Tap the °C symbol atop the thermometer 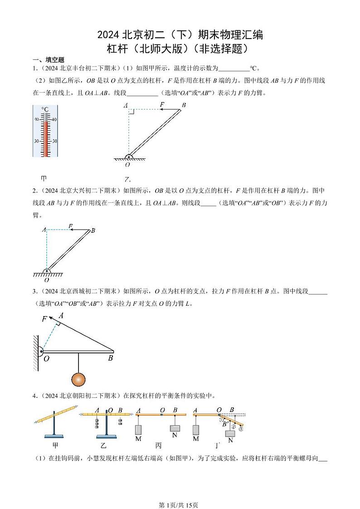[x=45, y=109]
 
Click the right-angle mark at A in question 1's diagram [x=131, y=112]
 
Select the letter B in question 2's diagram [x=93, y=230]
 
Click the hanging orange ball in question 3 [x=78, y=378]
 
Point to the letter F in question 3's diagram [x=44, y=319]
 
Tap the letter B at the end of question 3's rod [x=110, y=358]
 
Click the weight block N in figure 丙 [x=175, y=429]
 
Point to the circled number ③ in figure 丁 [x=241, y=429]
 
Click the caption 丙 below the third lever [x=159, y=446]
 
